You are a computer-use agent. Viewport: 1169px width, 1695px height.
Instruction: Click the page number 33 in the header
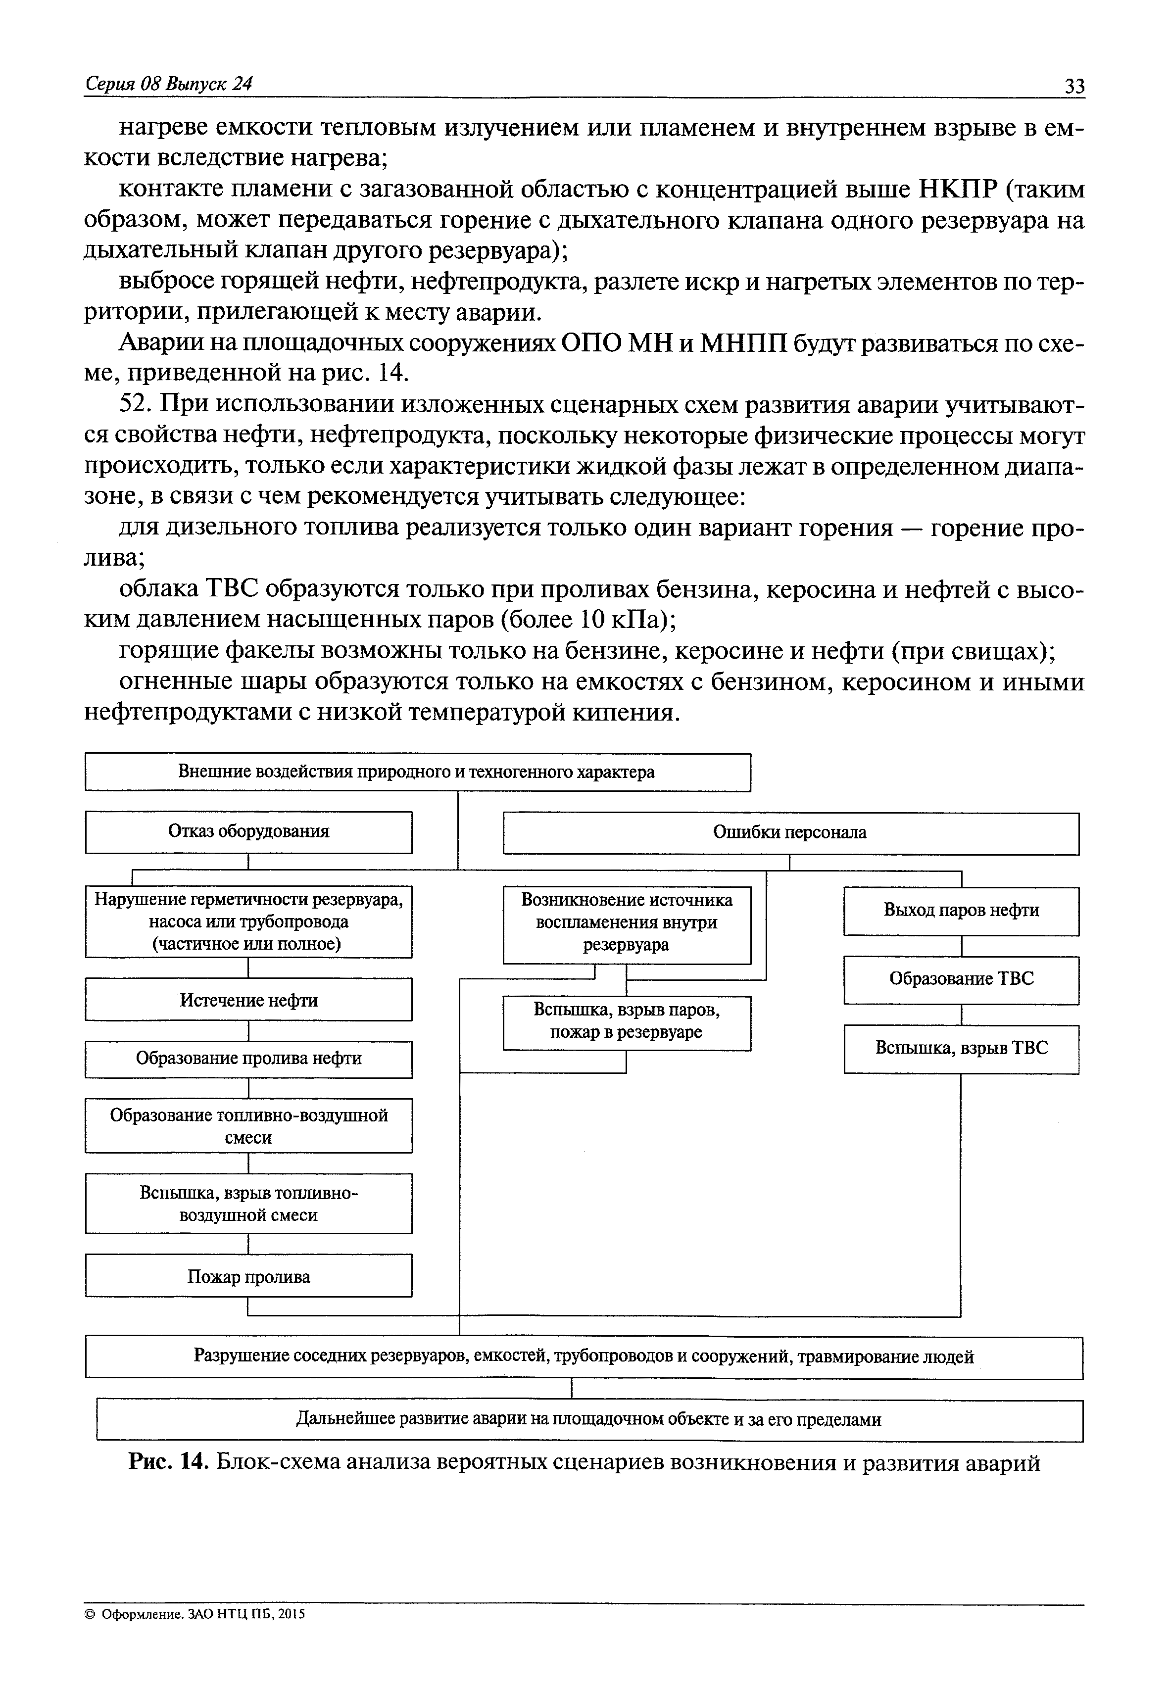1074,86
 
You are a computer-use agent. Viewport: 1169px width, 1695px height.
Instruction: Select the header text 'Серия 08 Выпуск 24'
168,84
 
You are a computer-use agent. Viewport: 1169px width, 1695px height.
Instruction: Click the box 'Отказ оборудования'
248,831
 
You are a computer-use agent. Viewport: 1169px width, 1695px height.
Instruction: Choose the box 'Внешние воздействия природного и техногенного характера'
418,772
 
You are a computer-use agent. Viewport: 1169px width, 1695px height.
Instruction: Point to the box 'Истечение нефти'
248,1000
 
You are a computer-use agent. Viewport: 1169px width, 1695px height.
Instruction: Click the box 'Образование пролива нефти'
248,1059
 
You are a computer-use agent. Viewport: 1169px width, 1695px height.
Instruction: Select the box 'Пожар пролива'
248,1277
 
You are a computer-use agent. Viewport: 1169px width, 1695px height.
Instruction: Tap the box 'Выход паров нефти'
961,911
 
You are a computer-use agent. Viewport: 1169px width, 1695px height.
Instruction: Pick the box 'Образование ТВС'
961,979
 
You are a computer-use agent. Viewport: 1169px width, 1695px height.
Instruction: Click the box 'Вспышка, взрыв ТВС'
961,1048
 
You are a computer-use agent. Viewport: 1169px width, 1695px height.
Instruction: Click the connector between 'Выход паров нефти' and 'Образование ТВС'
961,946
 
